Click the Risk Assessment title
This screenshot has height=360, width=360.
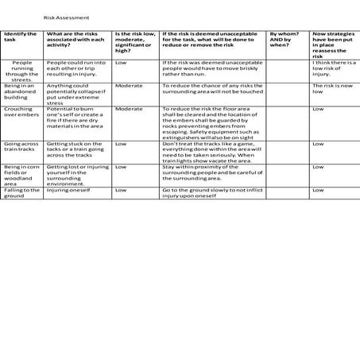(x=66, y=17)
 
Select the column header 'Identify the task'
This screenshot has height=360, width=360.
(x=21, y=37)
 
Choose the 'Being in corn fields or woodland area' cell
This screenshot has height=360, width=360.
(x=20, y=174)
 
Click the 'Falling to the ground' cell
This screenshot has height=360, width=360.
(x=20, y=193)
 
